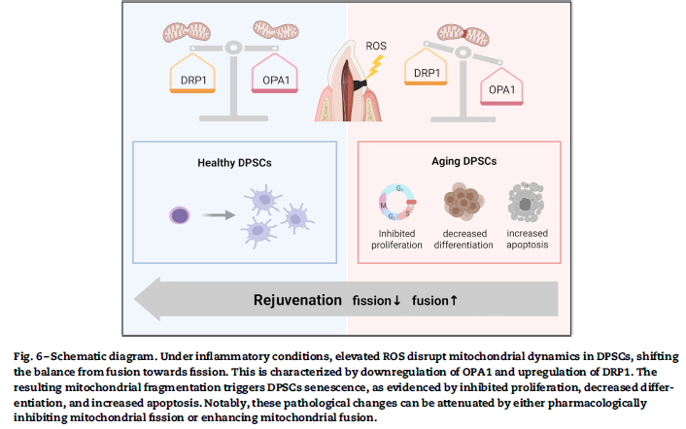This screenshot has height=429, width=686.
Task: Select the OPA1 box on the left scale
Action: point(274,77)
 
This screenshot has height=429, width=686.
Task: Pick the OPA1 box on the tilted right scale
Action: point(501,89)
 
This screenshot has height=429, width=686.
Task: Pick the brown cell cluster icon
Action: point(463,202)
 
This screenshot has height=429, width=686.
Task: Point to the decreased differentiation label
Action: point(463,239)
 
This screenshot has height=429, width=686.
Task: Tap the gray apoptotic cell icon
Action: point(527,202)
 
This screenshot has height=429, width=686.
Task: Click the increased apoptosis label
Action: point(528,239)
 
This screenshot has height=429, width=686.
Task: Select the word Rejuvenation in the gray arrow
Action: point(298,300)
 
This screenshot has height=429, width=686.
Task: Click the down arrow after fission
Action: point(396,300)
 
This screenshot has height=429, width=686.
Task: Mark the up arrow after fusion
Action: point(454,300)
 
